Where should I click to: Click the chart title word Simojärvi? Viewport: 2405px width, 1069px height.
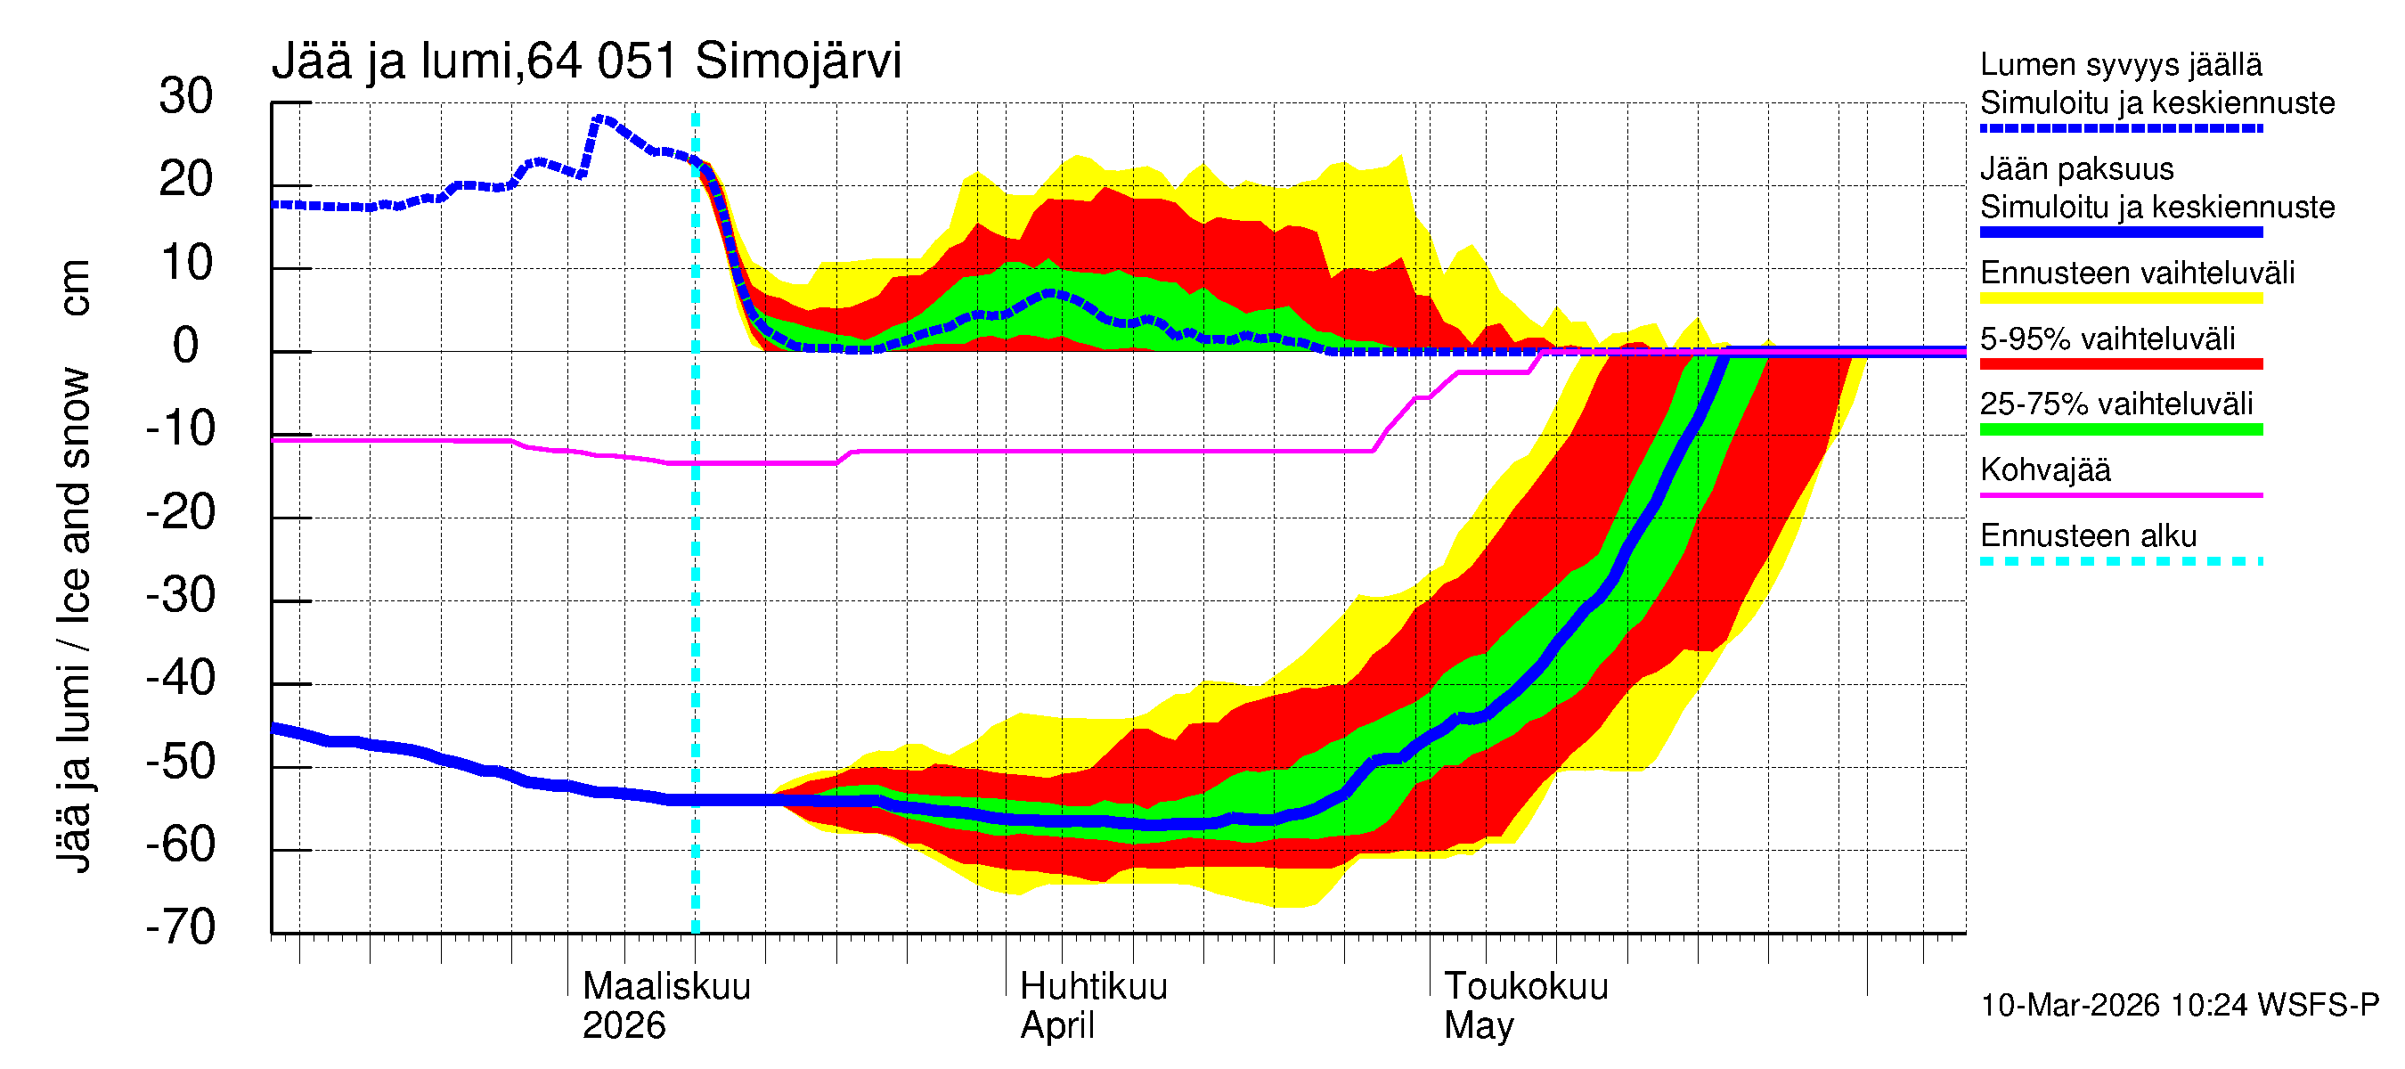tap(797, 61)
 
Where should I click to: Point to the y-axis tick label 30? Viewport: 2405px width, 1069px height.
tap(186, 97)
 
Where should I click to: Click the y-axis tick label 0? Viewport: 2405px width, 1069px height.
tap(186, 347)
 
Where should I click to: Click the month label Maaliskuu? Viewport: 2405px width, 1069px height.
tap(665, 987)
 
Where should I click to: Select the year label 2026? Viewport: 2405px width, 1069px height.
tap(623, 1026)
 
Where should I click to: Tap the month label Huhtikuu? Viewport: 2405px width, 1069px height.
tap(1092, 987)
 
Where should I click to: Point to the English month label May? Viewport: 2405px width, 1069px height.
tap(1478, 1026)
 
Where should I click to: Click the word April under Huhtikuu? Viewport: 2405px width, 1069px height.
tap(1056, 1026)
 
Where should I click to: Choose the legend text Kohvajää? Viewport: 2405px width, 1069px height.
tap(2044, 469)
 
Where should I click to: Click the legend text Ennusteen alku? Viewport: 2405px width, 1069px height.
tap(2088, 536)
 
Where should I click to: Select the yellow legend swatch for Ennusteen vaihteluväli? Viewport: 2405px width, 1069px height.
tap(2120, 298)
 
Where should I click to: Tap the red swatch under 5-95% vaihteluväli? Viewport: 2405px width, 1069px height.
tap(2120, 364)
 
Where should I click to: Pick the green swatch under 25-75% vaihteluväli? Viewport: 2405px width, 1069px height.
tap(2120, 429)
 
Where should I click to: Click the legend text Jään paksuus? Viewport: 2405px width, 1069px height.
tap(2076, 169)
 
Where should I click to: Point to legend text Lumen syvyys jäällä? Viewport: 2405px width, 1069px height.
tap(2120, 65)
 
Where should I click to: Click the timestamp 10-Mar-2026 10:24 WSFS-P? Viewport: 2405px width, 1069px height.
tap(2179, 1006)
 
